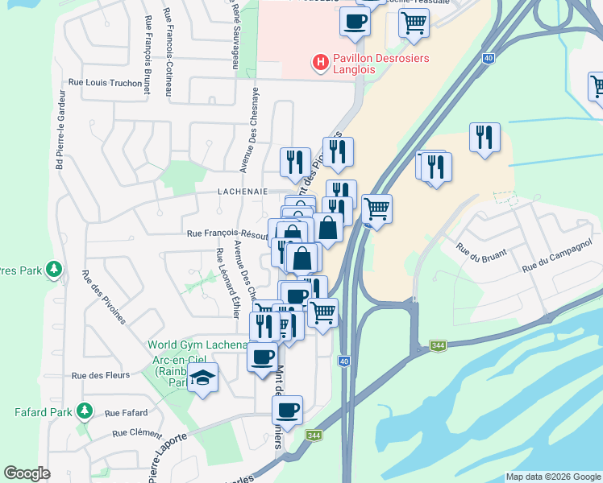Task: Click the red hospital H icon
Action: coord(321,62)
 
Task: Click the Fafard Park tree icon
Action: coord(85,412)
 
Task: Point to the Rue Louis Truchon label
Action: coord(105,82)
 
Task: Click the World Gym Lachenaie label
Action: coord(197,345)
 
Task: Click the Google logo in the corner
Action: coord(27,473)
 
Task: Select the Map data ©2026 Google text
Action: coord(553,477)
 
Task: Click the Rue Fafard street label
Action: coord(124,413)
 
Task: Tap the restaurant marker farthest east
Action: coord(485,137)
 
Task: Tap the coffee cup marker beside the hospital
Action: coord(354,23)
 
